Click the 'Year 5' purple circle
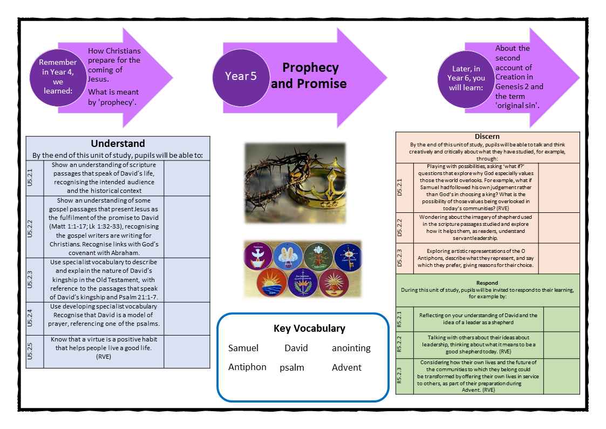241,76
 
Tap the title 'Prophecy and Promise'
309,75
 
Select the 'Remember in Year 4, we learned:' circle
58,76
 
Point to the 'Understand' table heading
118,143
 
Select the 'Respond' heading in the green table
487,283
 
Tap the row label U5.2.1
35,178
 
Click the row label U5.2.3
35,279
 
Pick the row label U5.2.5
35,351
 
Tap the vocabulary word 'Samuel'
243,348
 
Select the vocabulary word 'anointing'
351,348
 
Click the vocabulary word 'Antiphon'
247,367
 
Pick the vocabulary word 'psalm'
292,367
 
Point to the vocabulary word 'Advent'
346,367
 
